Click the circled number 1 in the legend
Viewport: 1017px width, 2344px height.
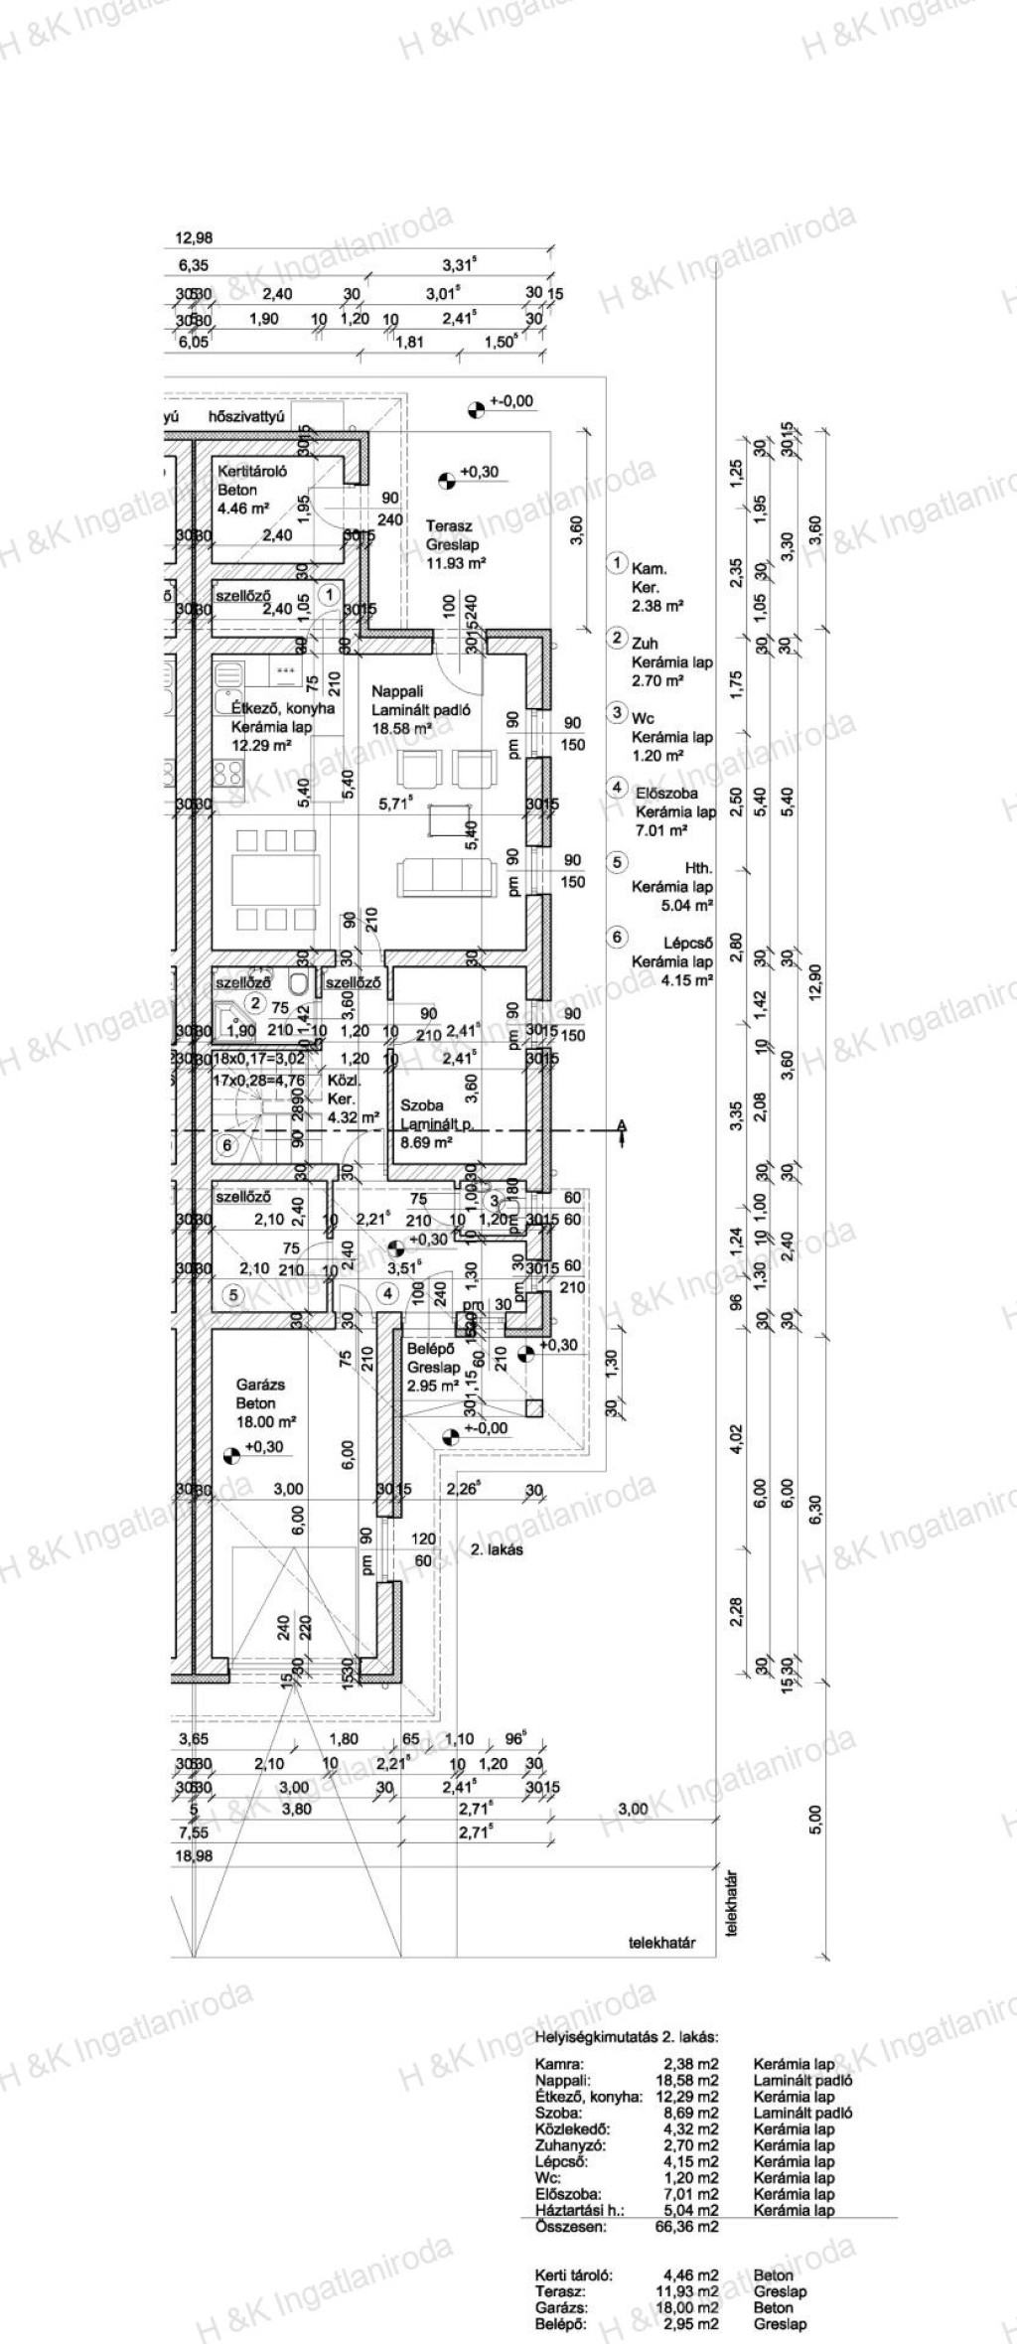[x=617, y=563]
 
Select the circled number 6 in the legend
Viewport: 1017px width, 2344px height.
[x=617, y=937]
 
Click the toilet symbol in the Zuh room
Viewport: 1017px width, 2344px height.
[x=299, y=984]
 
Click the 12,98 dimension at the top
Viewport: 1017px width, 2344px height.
[x=194, y=237]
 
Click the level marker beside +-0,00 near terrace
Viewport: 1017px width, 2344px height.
[x=477, y=406]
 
